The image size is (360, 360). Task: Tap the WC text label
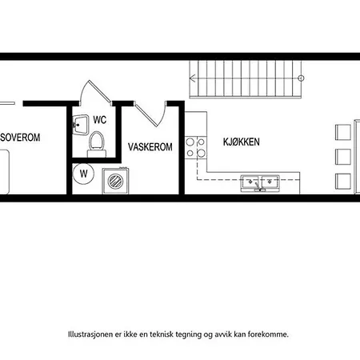100,120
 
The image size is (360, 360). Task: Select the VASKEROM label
150,147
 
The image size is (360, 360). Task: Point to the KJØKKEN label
242,142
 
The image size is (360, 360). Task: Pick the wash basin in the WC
79,124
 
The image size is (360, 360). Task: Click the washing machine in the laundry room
114,181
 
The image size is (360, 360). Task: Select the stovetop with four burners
193,146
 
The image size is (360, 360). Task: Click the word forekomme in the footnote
266,334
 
